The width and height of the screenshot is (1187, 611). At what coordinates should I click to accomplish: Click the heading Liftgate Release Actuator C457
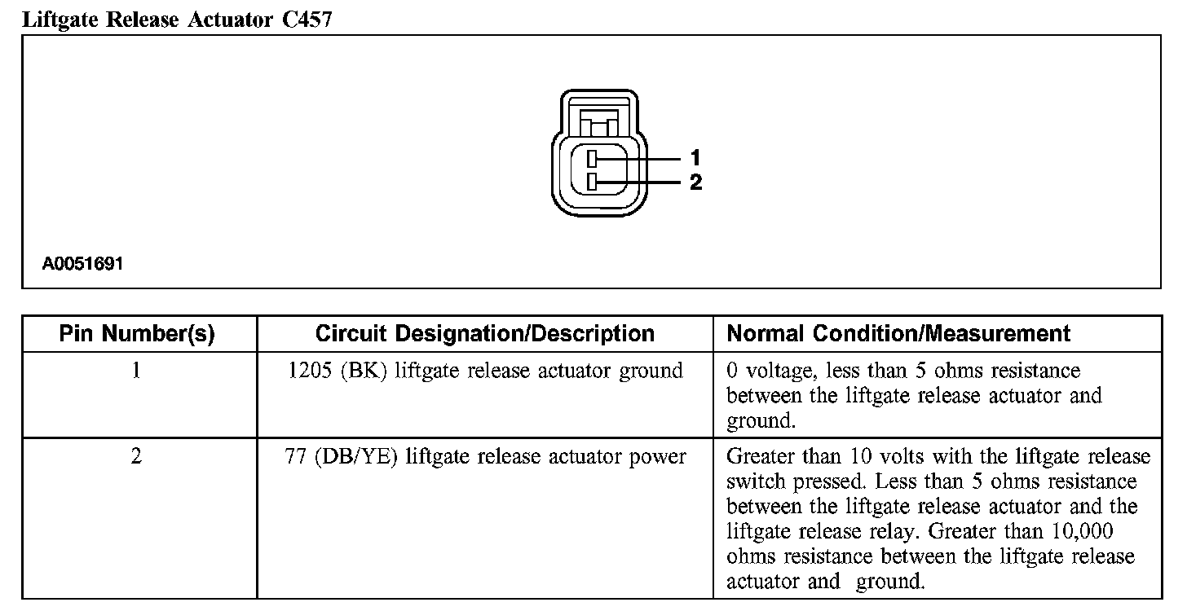click(177, 20)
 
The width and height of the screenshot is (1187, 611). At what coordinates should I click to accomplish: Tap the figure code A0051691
click(83, 264)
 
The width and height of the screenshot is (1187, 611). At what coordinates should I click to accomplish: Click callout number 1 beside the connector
click(695, 157)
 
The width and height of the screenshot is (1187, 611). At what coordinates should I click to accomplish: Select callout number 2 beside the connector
click(695, 182)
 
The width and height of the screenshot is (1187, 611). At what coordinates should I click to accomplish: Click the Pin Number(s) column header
click(137, 334)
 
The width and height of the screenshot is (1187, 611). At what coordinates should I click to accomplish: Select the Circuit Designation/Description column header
click(484, 334)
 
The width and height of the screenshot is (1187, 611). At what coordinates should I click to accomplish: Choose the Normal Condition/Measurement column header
click(898, 334)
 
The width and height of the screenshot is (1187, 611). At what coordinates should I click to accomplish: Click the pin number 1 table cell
click(136, 371)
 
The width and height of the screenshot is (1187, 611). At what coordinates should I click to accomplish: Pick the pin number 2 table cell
click(136, 457)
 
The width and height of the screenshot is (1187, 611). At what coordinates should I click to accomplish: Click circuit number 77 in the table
click(294, 457)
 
